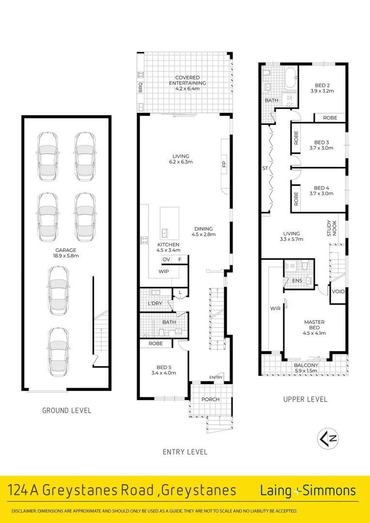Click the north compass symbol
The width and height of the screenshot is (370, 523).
pyautogui.click(x=328, y=439)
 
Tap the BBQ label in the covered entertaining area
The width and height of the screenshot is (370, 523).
pyautogui.click(x=141, y=88)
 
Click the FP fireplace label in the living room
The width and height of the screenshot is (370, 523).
pyautogui.click(x=224, y=164)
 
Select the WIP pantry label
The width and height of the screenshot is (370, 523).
pyautogui.click(x=164, y=271)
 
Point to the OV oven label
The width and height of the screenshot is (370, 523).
pyautogui.click(x=166, y=260)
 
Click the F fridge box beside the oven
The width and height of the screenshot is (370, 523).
pyautogui.click(x=180, y=260)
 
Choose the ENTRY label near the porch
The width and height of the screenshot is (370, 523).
pyautogui.click(x=216, y=377)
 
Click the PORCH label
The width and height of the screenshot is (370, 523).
pyautogui.click(x=211, y=400)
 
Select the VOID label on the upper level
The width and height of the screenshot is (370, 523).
pyautogui.click(x=339, y=292)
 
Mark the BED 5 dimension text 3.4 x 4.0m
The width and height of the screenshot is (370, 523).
pyautogui.click(x=163, y=373)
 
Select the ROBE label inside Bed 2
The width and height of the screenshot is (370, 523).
pyautogui.click(x=330, y=118)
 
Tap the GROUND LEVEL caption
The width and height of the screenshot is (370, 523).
pyautogui.click(x=66, y=411)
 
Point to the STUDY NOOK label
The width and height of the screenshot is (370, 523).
pyautogui.click(x=329, y=229)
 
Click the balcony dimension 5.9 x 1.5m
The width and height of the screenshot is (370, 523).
pyautogui.click(x=306, y=371)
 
